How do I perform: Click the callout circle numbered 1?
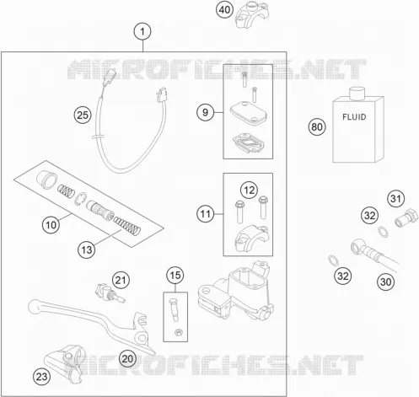(x=142, y=31)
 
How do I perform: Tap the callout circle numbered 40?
(x=224, y=10)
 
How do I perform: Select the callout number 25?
(x=83, y=115)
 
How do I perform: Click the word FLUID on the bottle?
(x=354, y=117)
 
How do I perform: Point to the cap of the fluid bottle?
(x=357, y=94)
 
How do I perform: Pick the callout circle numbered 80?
(x=317, y=126)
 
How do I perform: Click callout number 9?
(x=205, y=112)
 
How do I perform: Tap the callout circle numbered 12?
(x=249, y=190)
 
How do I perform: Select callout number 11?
(x=205, y=214)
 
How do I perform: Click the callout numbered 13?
(x=87, y=249)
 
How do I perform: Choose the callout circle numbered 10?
(x=51, y=225)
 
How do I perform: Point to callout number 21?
(x=121, y=280)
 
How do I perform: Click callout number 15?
(x=175, y=275)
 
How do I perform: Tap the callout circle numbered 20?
(x=127, y=359)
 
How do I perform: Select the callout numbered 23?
(x=42, y=377)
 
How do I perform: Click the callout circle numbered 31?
(x=396, y=199)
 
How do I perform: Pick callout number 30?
(x=385, y=282)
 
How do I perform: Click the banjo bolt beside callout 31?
(x=406, y=217)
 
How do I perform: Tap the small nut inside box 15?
(x=178, y=333)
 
